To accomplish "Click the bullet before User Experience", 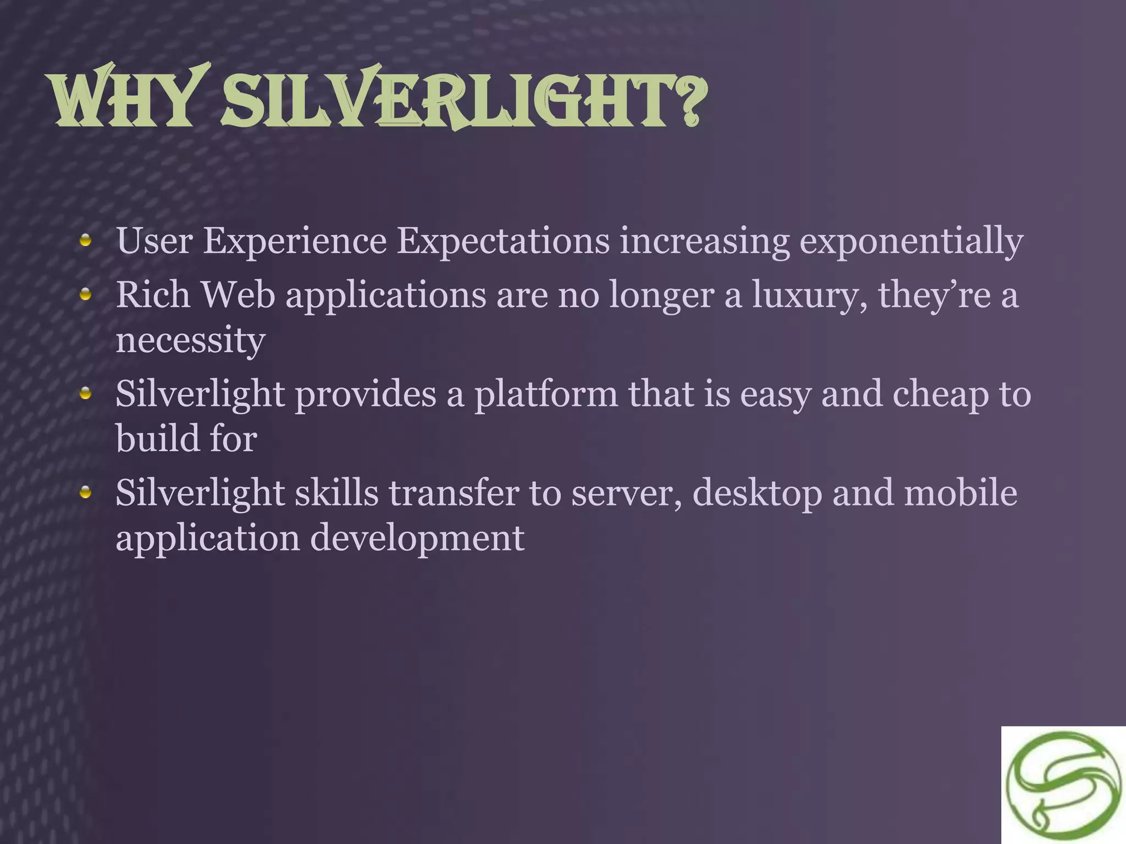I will click(x=85, y=240).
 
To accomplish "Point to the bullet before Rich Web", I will click(x=85, y=295).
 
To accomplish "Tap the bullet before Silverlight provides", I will click(x=85, y=393).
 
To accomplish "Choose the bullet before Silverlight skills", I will click(x=85, y=492).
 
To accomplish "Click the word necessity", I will click(x=190, y=341).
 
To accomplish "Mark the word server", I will click(x=626, y=493).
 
